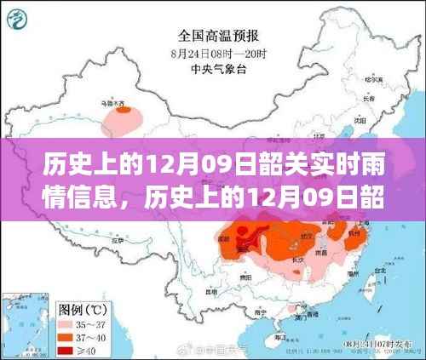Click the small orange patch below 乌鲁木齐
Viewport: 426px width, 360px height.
point(125,110)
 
